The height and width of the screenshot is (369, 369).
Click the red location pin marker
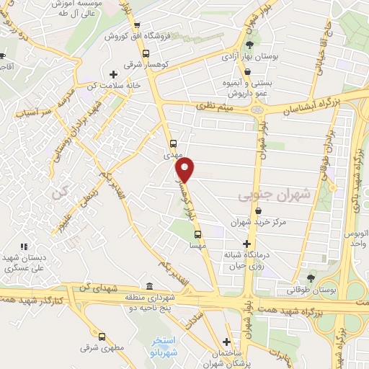(185, 169)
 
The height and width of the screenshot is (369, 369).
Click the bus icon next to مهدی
(172, 143)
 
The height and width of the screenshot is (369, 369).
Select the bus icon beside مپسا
(198, 234)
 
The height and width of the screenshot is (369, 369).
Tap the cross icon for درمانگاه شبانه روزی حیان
(248, 244)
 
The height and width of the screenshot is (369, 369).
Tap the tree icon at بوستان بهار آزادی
(249, 45)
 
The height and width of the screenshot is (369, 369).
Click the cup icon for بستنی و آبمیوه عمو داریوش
(249, 72)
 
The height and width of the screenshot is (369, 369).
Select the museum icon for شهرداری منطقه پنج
(148, 286)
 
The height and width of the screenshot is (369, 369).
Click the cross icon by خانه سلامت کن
(113, 74)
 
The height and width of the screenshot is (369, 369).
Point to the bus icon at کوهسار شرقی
(147, 54)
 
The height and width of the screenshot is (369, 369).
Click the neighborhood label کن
(58, 193)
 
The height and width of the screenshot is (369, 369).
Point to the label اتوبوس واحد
(354, 240)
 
